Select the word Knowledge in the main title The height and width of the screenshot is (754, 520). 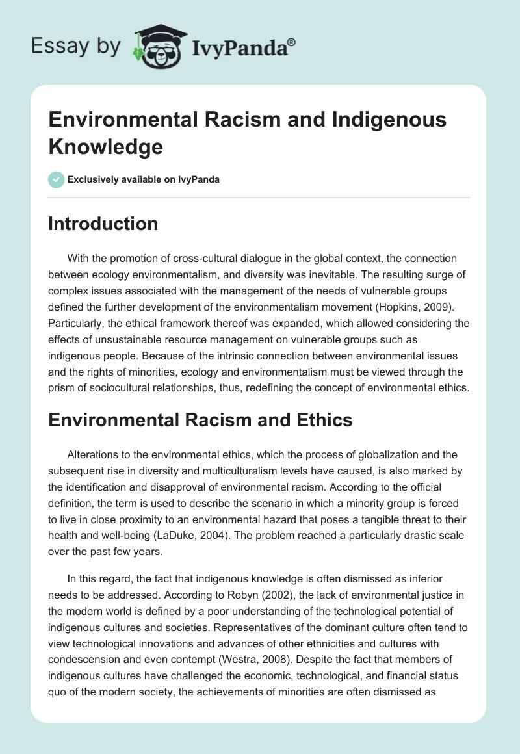(105, 147)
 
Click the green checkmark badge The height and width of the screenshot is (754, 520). (57, 179)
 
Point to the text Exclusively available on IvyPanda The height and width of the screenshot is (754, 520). (143, 180)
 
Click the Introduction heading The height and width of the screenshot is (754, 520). (103, 224)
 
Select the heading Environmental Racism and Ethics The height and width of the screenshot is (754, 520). (200, 420)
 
